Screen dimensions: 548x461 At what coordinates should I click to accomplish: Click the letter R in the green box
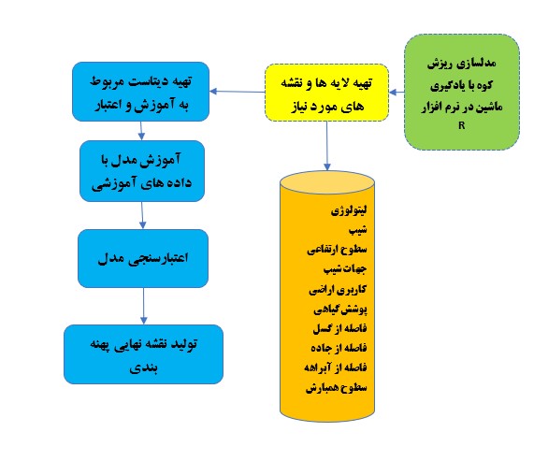tap(462, 125)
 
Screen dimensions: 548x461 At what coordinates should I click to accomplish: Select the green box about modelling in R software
tap(462, 93)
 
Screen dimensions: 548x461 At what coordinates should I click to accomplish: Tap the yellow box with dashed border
tap(326, 93)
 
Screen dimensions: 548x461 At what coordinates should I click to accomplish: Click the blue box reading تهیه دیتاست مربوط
tap(141, 92)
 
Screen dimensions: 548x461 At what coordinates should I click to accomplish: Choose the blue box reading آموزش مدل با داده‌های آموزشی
tap(142, 171)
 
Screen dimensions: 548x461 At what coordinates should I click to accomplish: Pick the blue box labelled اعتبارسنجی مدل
tap(143, 258)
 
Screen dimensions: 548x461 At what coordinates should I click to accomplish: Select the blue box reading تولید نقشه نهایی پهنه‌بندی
tap(143, 354)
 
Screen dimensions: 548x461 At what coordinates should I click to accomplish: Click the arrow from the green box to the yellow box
tap(397, 93)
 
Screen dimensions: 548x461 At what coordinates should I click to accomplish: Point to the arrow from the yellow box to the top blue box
tap(238, 92)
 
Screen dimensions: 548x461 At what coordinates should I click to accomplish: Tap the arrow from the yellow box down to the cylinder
tap(326, 146)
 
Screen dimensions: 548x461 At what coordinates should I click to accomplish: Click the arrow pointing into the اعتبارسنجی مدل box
tap(142, 215)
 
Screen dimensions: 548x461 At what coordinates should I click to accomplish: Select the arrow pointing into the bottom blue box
tap(144, 306)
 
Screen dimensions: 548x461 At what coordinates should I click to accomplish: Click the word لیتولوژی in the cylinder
tap(349, 210)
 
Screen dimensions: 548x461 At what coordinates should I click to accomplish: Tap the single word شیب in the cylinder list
tap(358, 230)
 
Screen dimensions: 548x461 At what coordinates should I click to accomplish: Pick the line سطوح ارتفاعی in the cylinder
tap(337, 249)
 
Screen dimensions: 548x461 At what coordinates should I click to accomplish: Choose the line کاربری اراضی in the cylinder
tap(338, 289)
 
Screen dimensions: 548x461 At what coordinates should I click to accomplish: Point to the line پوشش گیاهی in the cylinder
tap(340, 309)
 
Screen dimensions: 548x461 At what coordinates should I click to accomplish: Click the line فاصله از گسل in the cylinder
tap(339, 328)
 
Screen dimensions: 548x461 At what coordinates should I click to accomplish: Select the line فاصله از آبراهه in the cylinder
tap(336, 367)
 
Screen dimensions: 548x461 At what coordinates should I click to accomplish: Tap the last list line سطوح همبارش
tap(337, 387)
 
